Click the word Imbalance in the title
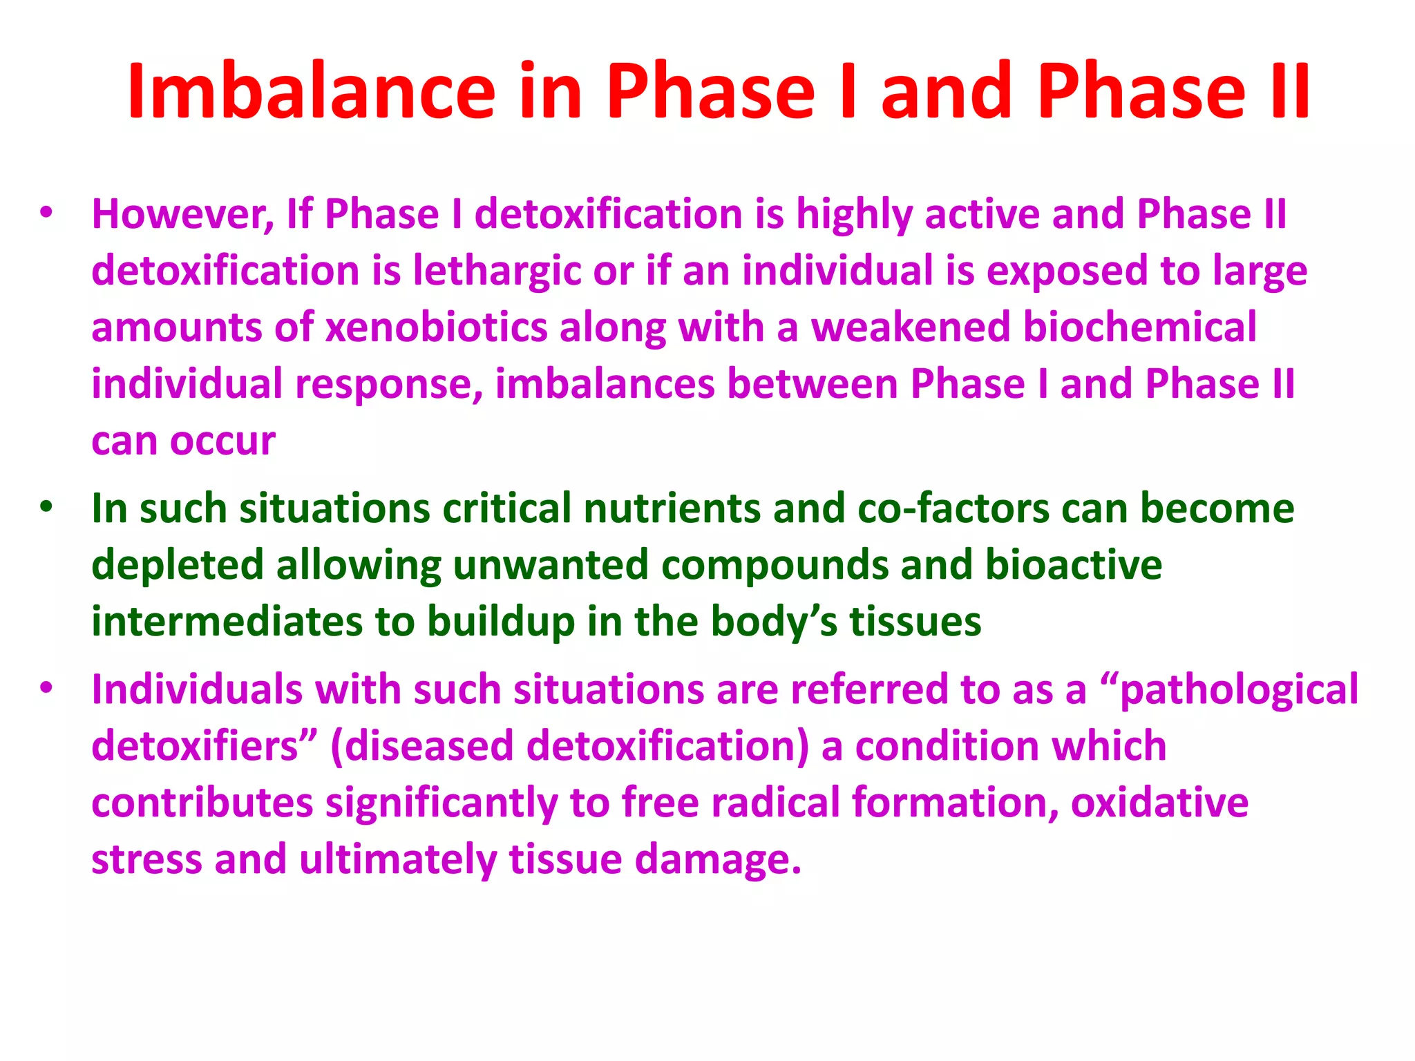311,92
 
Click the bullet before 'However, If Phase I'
46,213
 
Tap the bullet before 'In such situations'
46,508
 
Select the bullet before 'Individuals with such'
46,689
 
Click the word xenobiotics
436,327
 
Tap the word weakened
911,327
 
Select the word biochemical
1140,327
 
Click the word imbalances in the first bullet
605,384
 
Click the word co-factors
953,509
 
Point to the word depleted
178,566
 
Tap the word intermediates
227,622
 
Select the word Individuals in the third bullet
197,690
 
